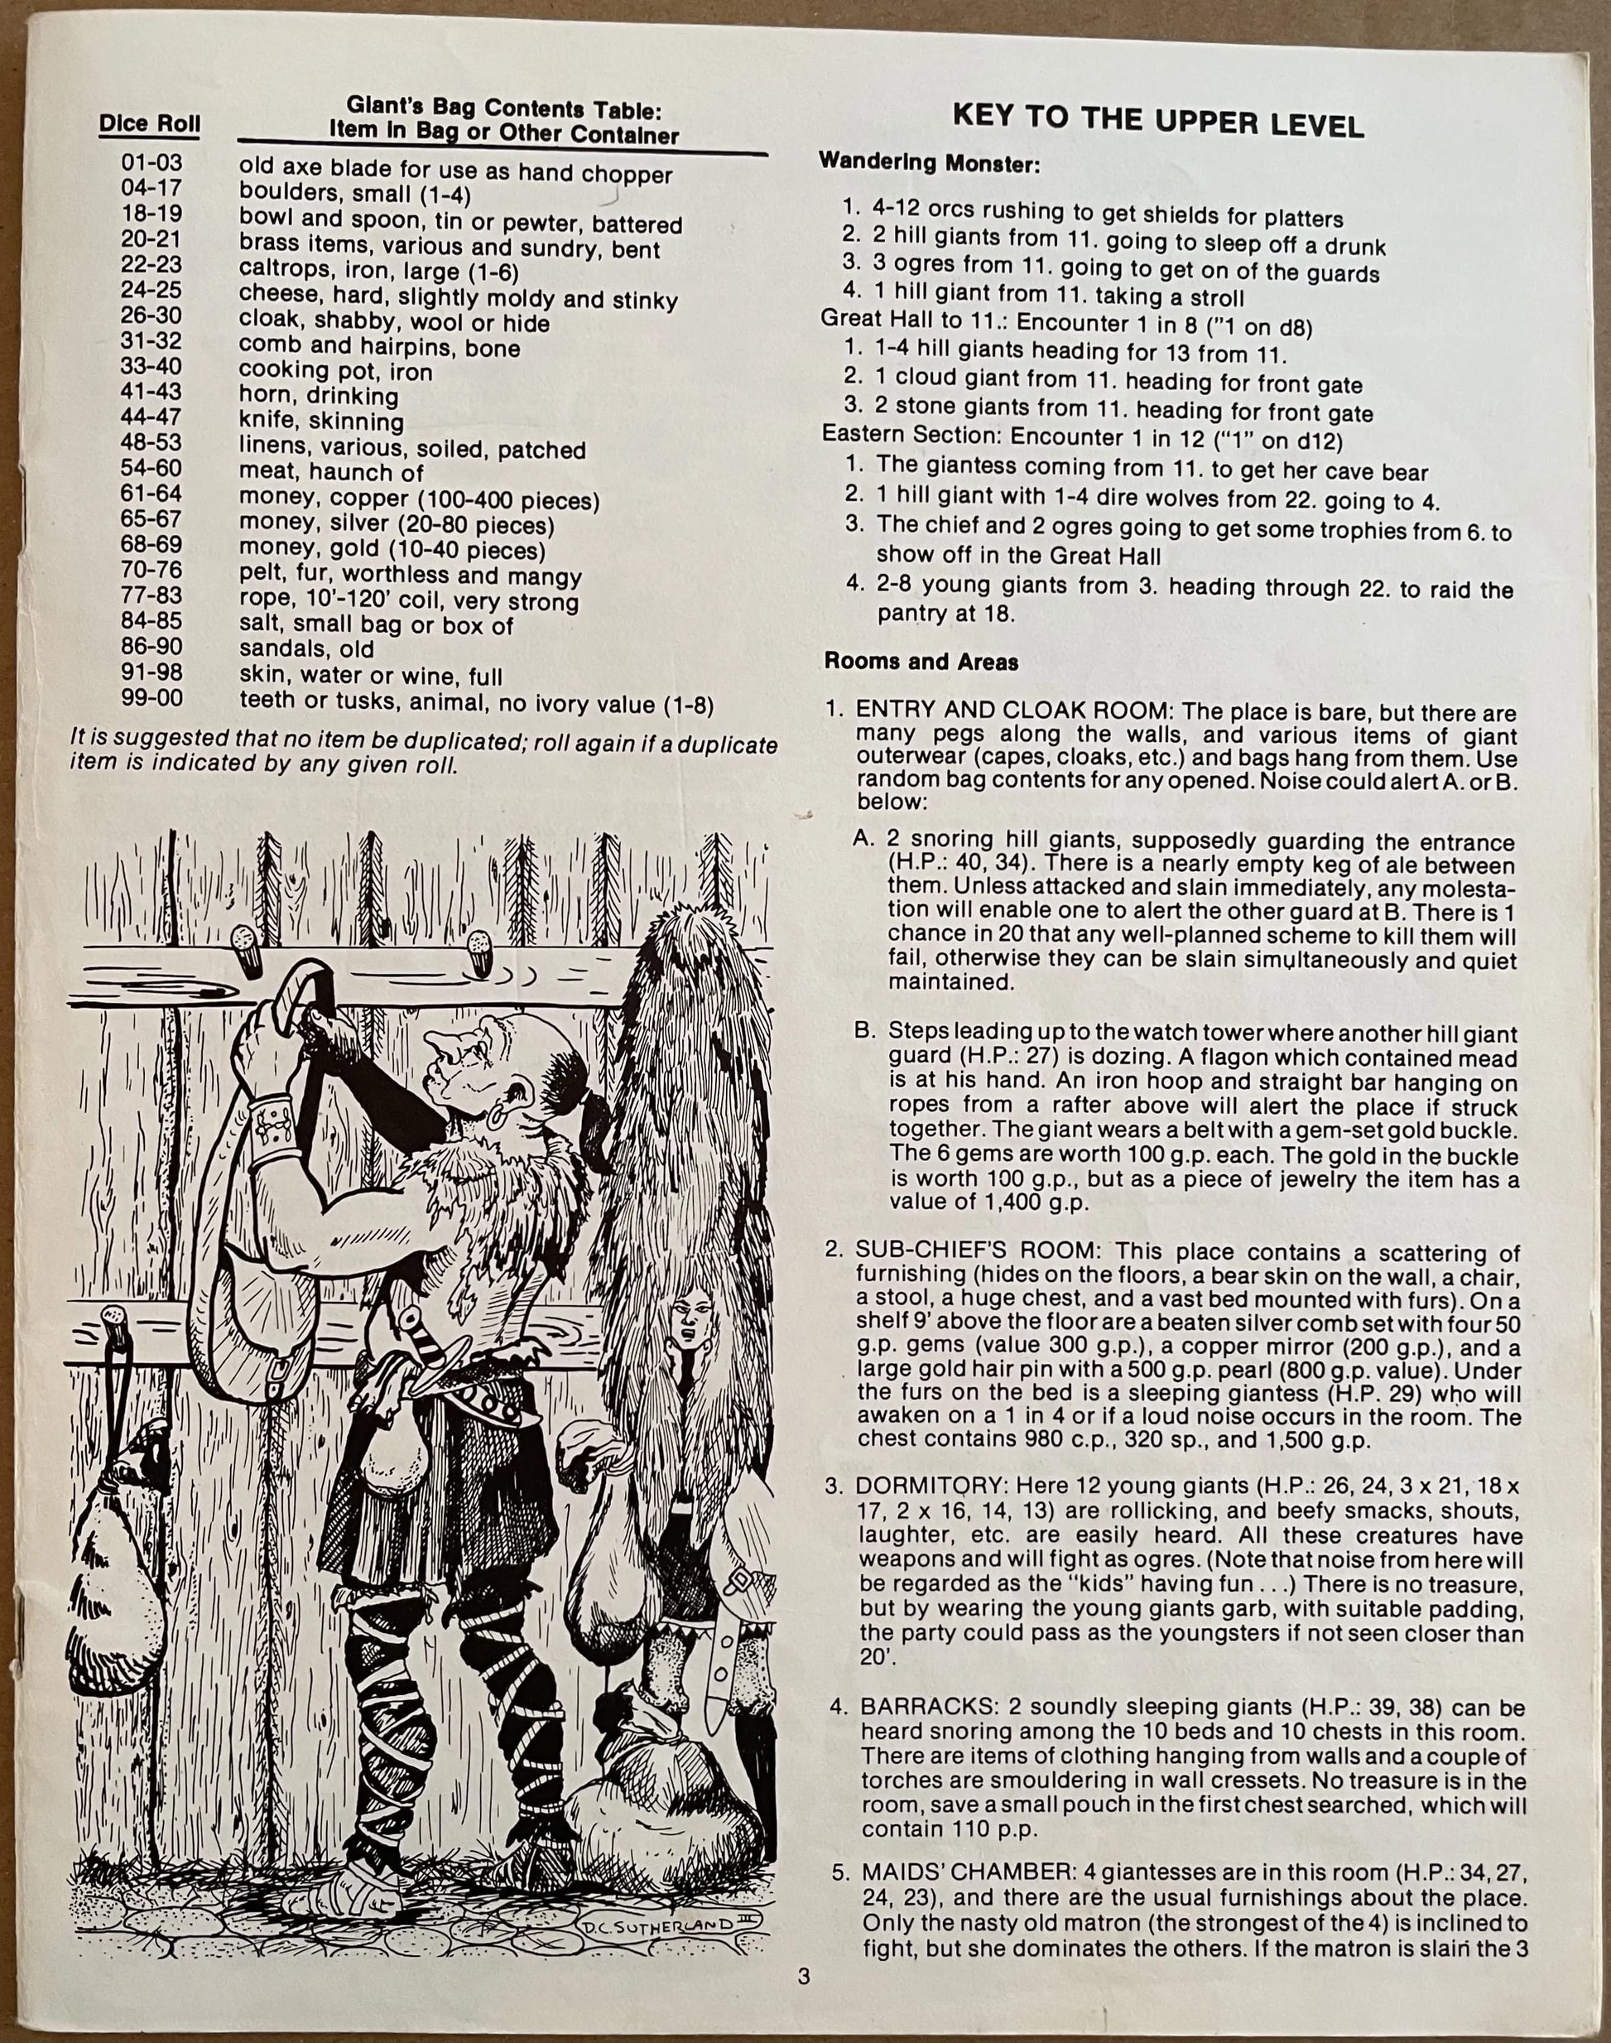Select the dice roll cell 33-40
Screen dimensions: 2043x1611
tap(151, 366)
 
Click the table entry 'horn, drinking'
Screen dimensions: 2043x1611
tap(318, 395)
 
